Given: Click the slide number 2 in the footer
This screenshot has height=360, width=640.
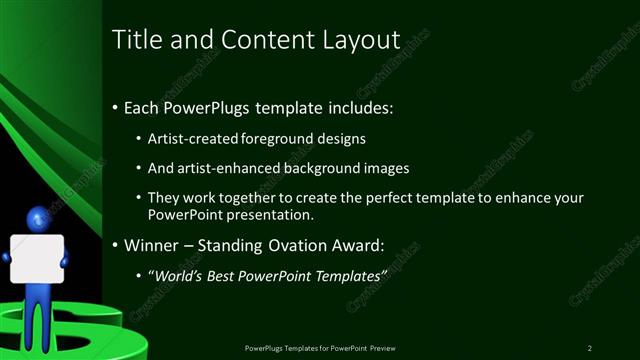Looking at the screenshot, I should point(590,347).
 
